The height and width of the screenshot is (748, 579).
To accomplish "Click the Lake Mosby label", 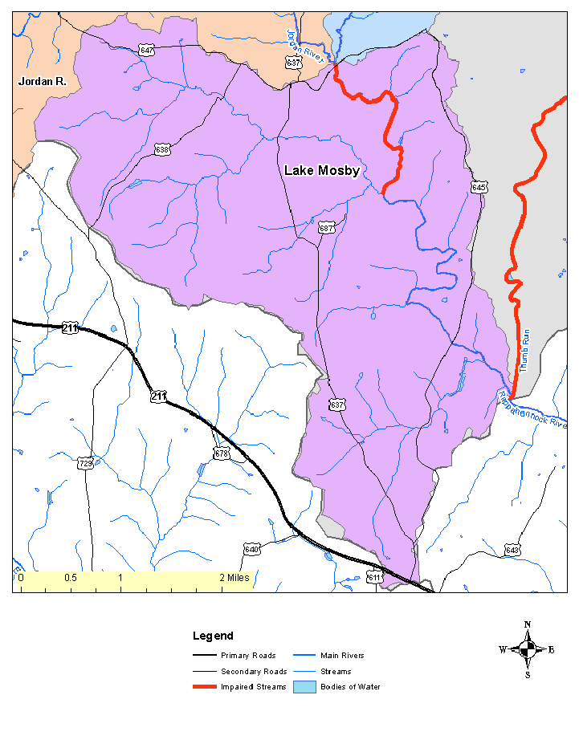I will coord(321,171).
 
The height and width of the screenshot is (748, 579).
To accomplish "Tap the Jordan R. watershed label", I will coord(42,81).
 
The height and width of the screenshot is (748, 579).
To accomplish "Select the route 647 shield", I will coord(146,50).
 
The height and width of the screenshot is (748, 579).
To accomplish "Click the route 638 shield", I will coord(162,149).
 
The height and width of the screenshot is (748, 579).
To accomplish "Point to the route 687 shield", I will coord(326,227).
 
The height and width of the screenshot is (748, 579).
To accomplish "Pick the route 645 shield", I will coord(479,187).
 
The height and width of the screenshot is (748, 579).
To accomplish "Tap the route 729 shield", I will coord(85,463).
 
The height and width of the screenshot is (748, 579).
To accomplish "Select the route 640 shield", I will coord(251,549).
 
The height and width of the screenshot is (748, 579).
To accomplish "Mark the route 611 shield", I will coord(375,577).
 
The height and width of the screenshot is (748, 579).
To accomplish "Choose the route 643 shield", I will coord(512,550).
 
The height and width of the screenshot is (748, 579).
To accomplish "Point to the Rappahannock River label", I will coord(533,409).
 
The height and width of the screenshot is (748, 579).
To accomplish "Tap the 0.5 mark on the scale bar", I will coord(71,578).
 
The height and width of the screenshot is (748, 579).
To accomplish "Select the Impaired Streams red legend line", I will coord(205,687).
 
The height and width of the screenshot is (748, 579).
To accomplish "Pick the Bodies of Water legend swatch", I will coord(305,687).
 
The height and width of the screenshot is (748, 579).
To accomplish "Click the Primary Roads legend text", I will coord(248,656).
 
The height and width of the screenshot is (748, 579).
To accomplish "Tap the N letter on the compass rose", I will coord(527,624).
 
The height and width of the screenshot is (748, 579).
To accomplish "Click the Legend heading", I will coord(213,636).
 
